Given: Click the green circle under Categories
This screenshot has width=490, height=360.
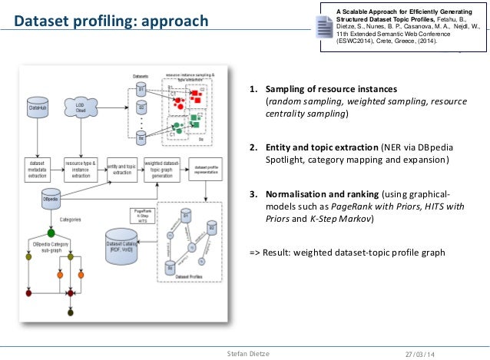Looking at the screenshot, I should coord(50,232).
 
